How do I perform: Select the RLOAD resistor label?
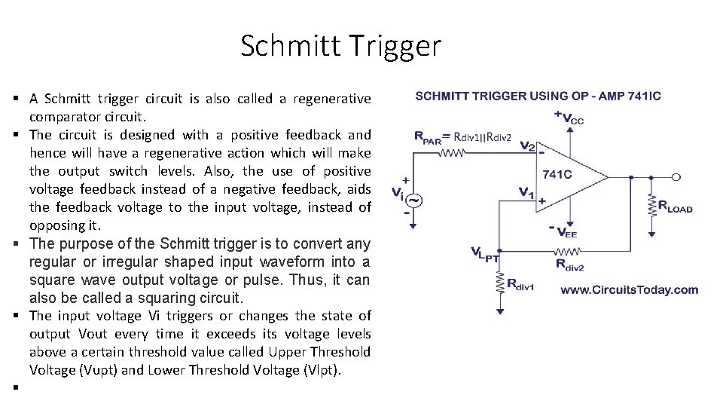(x=675, y=205)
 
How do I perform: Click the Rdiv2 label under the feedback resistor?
(x=570, y=265)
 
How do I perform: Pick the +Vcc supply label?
(x=569, y=118)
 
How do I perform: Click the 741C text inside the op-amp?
(x=557, y=175)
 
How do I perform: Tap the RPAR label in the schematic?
(x=427, y=137)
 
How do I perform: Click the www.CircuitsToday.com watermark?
(x=629, y=289)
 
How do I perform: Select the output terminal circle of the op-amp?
(x=676, y=177)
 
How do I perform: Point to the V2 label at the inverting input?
(x=528, y=147)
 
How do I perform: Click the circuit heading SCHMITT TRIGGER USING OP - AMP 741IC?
(x=538, y=96)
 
